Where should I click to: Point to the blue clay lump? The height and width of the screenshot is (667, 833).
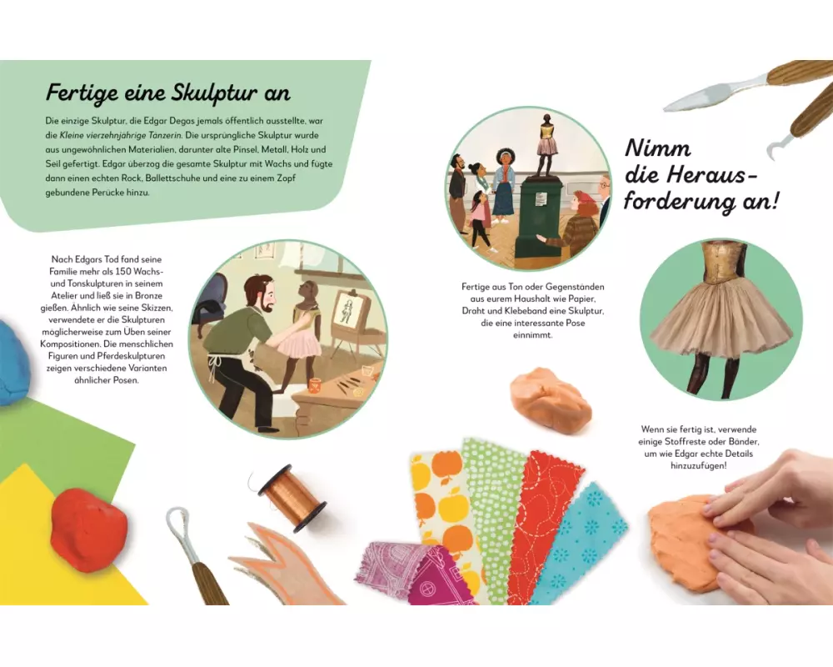[x=13, y=361]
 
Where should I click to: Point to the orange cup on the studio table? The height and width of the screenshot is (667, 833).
[x=315, y=385]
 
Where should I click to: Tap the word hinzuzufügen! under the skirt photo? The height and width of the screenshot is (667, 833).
[x=698, y=466]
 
